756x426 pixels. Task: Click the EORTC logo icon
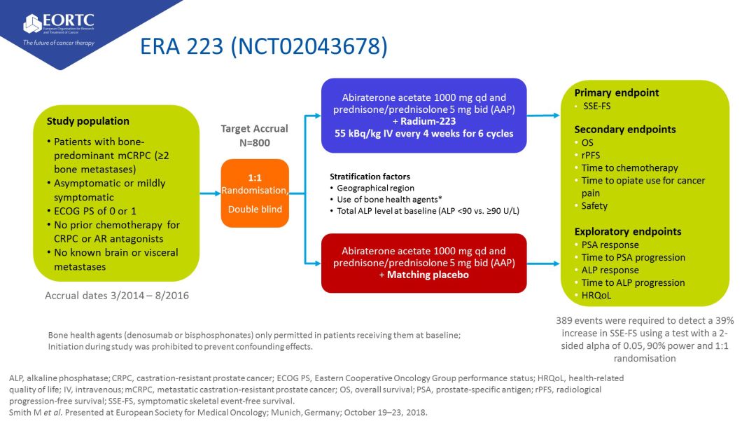[x=32, y=24]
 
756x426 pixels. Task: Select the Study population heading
[x=87, y=121]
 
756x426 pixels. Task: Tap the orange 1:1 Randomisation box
[x=255, y=193]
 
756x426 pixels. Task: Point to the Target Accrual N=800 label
[x=255, y=136]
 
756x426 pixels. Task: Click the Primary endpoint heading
[x=616, y=92]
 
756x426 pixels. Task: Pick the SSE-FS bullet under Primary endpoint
[x=597, y=106]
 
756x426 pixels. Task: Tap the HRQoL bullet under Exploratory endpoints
[x=596, y=295]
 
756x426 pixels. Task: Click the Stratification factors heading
[x=370, y=177]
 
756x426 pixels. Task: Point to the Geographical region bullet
[x=375, y=188]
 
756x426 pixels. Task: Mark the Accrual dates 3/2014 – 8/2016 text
[x=117, y=296]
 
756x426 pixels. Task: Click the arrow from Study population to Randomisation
[x=210, y=193]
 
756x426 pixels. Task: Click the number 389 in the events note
[x=565, y=320]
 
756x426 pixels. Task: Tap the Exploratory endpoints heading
[x=627, y=231]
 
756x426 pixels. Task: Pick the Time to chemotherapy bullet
[x=629, y=167]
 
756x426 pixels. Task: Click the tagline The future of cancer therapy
[x=58, y=42]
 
